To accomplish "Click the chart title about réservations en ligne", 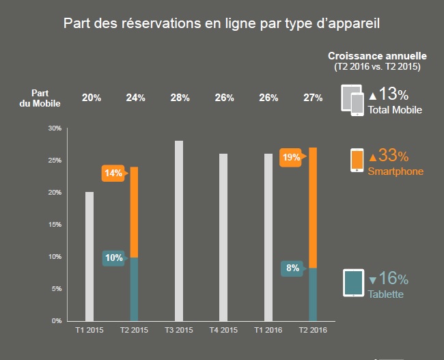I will (222, 23).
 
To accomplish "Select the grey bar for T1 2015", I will (89, 256).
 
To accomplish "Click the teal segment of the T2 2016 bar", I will (313, 294).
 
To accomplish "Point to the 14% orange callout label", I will (113, 174).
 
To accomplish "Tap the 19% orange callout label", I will (292, 158).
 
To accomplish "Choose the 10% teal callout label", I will (113, 258).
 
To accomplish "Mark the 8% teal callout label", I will (292, 268).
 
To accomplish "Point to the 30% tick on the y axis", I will (55, 128).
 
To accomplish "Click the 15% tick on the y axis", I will (55, 225).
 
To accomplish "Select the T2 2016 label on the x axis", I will (313, 331).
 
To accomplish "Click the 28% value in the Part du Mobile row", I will (180, 98).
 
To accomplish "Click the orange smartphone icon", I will (357, 161).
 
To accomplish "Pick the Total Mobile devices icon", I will (352, 100).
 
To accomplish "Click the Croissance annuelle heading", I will (377, 56).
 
